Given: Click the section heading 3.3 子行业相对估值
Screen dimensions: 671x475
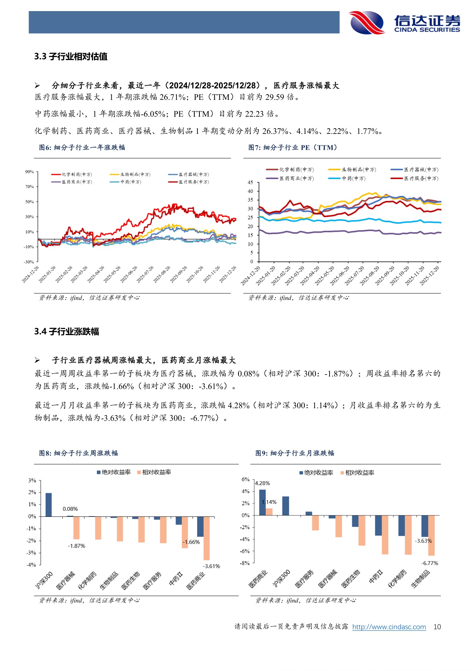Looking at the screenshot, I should point(71,57).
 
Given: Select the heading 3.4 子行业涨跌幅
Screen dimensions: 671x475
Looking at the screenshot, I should point(67,332).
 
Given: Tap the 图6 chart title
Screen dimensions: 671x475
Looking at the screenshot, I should point(82,148).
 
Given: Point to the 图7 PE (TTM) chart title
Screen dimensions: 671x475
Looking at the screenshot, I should point(293,148).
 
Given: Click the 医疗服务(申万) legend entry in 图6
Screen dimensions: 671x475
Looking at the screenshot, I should point(189,182).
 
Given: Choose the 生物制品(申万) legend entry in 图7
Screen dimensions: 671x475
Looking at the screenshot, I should point(353,169).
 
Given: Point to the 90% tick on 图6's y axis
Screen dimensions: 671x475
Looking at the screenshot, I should point(29,172).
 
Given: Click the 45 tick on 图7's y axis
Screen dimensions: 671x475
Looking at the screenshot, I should point(250,182).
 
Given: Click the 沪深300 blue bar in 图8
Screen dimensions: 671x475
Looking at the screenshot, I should point(49,505).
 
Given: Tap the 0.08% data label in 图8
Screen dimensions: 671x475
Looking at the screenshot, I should point(70,509).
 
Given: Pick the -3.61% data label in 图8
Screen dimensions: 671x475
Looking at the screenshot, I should point(211,566).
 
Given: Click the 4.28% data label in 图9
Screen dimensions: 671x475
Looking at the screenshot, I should point(263,483).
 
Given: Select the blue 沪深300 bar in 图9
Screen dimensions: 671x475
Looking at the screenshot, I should point(286,506).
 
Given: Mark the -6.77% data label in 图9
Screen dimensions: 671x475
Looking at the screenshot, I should point(429,563).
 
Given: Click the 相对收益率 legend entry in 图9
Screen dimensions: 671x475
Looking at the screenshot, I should point(357,473).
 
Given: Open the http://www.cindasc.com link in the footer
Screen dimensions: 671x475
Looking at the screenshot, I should point(389,627).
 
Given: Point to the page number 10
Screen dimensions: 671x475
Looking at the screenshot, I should point(437,627).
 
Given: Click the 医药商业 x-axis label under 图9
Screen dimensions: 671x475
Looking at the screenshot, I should point(258,579).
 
